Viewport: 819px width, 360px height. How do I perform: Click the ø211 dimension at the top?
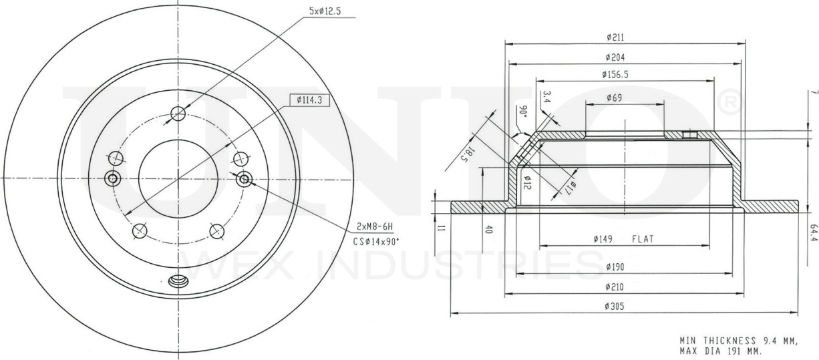point(616,38)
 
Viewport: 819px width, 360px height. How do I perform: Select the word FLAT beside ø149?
point(644,238)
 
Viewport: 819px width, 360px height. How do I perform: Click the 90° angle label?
point(523,111)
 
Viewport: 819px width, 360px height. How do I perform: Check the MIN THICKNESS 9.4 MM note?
point(738,341)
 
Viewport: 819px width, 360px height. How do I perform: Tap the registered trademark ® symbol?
point(730,102)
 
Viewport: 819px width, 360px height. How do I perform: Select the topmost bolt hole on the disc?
point(178,114)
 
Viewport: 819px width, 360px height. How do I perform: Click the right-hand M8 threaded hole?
point(244,178)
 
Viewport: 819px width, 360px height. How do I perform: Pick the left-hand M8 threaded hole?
point(112,178)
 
